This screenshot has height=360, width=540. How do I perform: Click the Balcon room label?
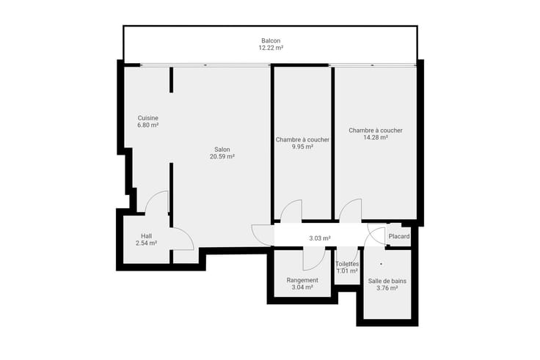[x=271, y=40]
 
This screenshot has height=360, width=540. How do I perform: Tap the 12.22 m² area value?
[x=271, y=48]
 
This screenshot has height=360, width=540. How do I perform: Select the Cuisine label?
[x=147, y=118]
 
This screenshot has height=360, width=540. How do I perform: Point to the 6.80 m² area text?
[x=147, y=125]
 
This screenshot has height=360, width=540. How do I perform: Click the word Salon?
[x=222, y=150]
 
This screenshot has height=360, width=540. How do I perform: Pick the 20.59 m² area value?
[x=222, y=157]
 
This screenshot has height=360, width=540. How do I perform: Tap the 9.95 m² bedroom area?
[x=302, y=147]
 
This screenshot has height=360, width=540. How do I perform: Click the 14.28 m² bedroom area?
[x=376, y=138]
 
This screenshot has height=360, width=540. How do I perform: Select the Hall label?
[x=146, y=236]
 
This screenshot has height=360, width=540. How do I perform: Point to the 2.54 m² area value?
[x=146, y=243]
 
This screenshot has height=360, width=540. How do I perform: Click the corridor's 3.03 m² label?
[x=320, y=238]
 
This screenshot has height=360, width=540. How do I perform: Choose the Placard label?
[x=399, y=236]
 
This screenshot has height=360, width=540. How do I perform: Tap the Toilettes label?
[x=347, y=264]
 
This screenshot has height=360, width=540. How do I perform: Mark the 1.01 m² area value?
[x=347, y=271]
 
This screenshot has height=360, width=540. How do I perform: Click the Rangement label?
[x=302, y=281]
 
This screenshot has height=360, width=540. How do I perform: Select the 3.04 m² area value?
[x=302, y=287]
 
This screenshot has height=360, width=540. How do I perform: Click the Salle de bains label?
[x=387, y=282]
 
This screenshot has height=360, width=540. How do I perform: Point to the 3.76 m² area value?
[x=387, y=288]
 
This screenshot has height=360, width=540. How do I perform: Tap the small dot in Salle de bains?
[x=381, y=264]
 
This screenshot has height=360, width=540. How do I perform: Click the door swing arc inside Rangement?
[x=319, y=263]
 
